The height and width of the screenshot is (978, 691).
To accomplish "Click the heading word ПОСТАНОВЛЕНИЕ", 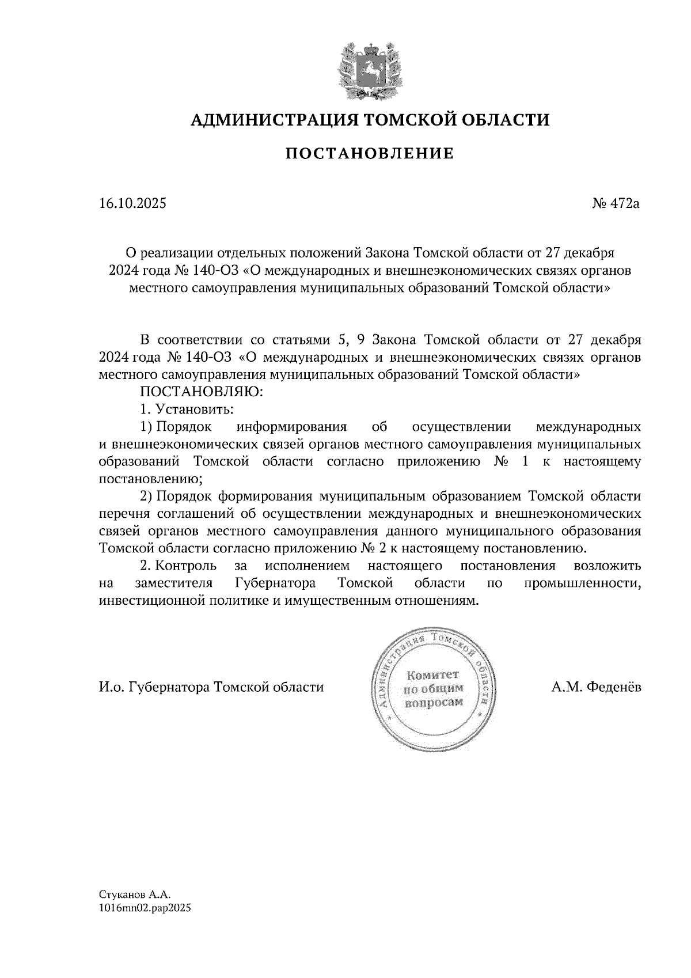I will [370, 153].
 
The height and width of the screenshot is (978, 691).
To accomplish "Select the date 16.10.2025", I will [132, 203].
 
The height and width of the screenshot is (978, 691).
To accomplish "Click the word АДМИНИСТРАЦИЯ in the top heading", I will [267, 120].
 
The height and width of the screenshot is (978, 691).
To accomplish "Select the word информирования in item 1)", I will [291, 427].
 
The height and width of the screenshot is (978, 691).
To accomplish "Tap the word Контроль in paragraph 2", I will [186, 565].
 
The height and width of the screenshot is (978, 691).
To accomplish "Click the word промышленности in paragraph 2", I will [583, 583].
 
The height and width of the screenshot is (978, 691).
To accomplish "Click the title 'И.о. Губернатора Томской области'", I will [211, 687].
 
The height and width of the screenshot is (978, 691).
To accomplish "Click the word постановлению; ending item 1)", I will [151, 479].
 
